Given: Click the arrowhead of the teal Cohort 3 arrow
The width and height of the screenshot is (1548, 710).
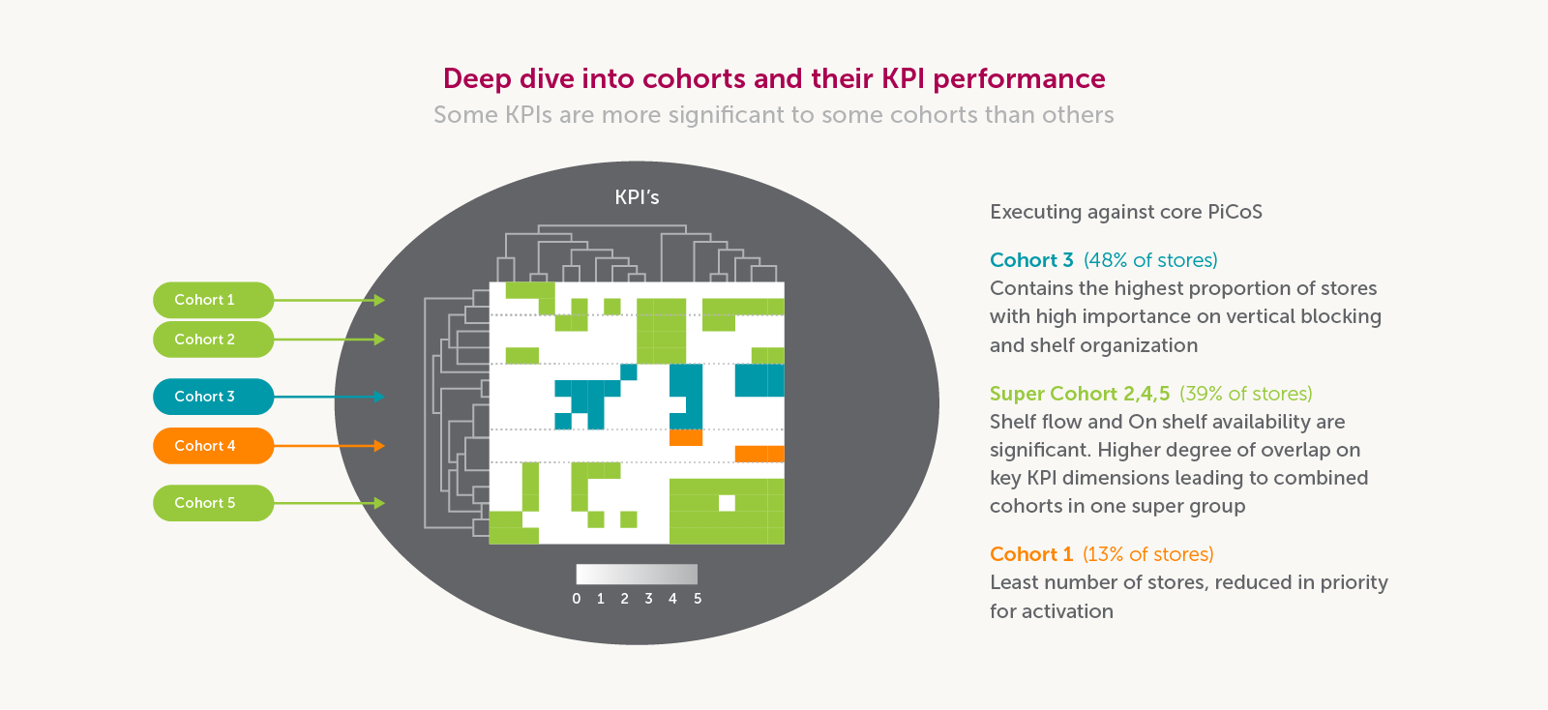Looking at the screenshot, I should (x=380, y=397).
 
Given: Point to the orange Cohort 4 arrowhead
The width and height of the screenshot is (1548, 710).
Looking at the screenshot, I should (x=380, y=446).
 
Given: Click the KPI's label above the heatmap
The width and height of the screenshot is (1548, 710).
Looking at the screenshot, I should (x=637, y=197).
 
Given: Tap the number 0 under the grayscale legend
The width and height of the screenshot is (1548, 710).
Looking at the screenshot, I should (x=577, y=599).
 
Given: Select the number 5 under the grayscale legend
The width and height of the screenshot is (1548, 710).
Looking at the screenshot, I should (x=698, y=599).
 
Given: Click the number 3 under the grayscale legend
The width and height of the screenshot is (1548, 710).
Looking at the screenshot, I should (x=648, y=599).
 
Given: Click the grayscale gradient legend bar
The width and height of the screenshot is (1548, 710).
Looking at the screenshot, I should (x=637, y=574).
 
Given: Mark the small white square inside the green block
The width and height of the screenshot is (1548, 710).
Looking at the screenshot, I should (x=727, y=503).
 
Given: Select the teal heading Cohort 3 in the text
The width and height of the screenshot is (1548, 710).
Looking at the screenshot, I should (x=1031, y=260).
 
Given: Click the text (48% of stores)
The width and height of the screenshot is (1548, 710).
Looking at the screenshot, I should (x=1150, y=260).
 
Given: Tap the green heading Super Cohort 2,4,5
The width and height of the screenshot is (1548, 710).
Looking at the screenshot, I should (x=1080, y=394).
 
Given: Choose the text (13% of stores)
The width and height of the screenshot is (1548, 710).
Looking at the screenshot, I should (x=1147, y=554).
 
